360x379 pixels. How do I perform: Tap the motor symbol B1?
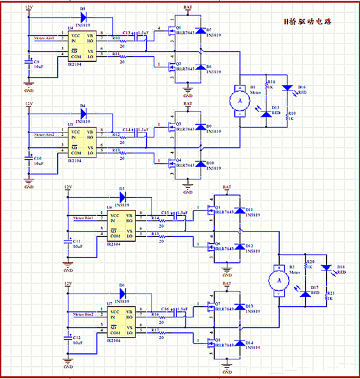click(x=238, y=101)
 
